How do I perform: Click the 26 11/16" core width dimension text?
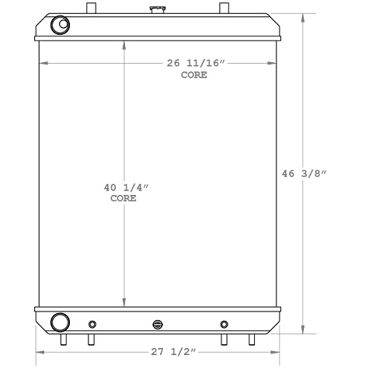(x=194, y=63)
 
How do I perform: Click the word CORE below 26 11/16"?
(x=194, y=75)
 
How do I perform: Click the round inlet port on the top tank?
(x=59, y=26)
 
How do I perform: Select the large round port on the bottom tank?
(x=59, y=323)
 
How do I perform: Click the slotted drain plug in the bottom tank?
(x=158, y=325)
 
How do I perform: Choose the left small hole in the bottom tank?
(x=92, y=324)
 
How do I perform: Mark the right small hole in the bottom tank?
(x=225, y=324)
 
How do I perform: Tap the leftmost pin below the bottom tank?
(x=64, y=339)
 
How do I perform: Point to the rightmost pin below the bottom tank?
(x=251, y=339)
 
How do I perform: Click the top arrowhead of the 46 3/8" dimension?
(x=303, y=16)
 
